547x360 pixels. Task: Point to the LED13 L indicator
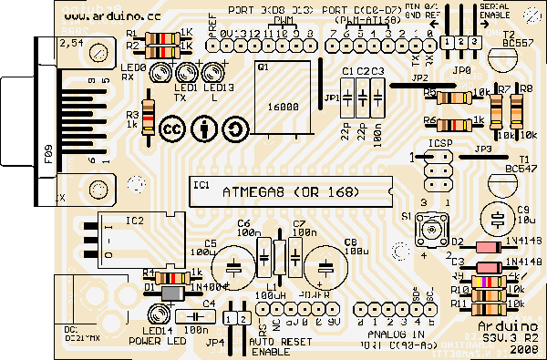pyautogui.click(x=215, y=71)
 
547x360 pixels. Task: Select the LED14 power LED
pyautogui.click(x=156, y=315)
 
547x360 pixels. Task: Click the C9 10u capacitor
pyautogui.click(x=497, y=219)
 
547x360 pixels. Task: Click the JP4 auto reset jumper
pyautogui.click(x=236, y=318)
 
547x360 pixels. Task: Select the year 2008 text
pyautogui.click(x=525, y=349)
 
